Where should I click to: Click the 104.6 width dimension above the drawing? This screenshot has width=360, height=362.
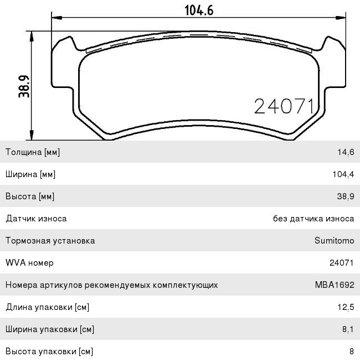click(x=199, y=11)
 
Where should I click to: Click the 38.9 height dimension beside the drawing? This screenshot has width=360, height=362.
click(x=24, y=86)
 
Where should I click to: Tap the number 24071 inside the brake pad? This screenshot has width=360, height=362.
click(x=284, y=106)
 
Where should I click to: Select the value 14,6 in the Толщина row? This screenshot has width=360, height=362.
click(x=346, y=152)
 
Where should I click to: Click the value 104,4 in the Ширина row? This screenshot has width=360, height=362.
click(x=343, y=174)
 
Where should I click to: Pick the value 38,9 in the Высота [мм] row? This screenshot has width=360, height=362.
click(x=346, y=196)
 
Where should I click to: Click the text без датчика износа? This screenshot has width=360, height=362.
click(x=313, y=219)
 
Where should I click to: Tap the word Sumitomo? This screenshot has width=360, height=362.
click(x=335, y=241)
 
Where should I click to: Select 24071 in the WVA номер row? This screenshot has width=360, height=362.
click(x=342, y=263)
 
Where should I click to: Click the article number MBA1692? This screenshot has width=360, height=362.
click(x=335, y=285)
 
